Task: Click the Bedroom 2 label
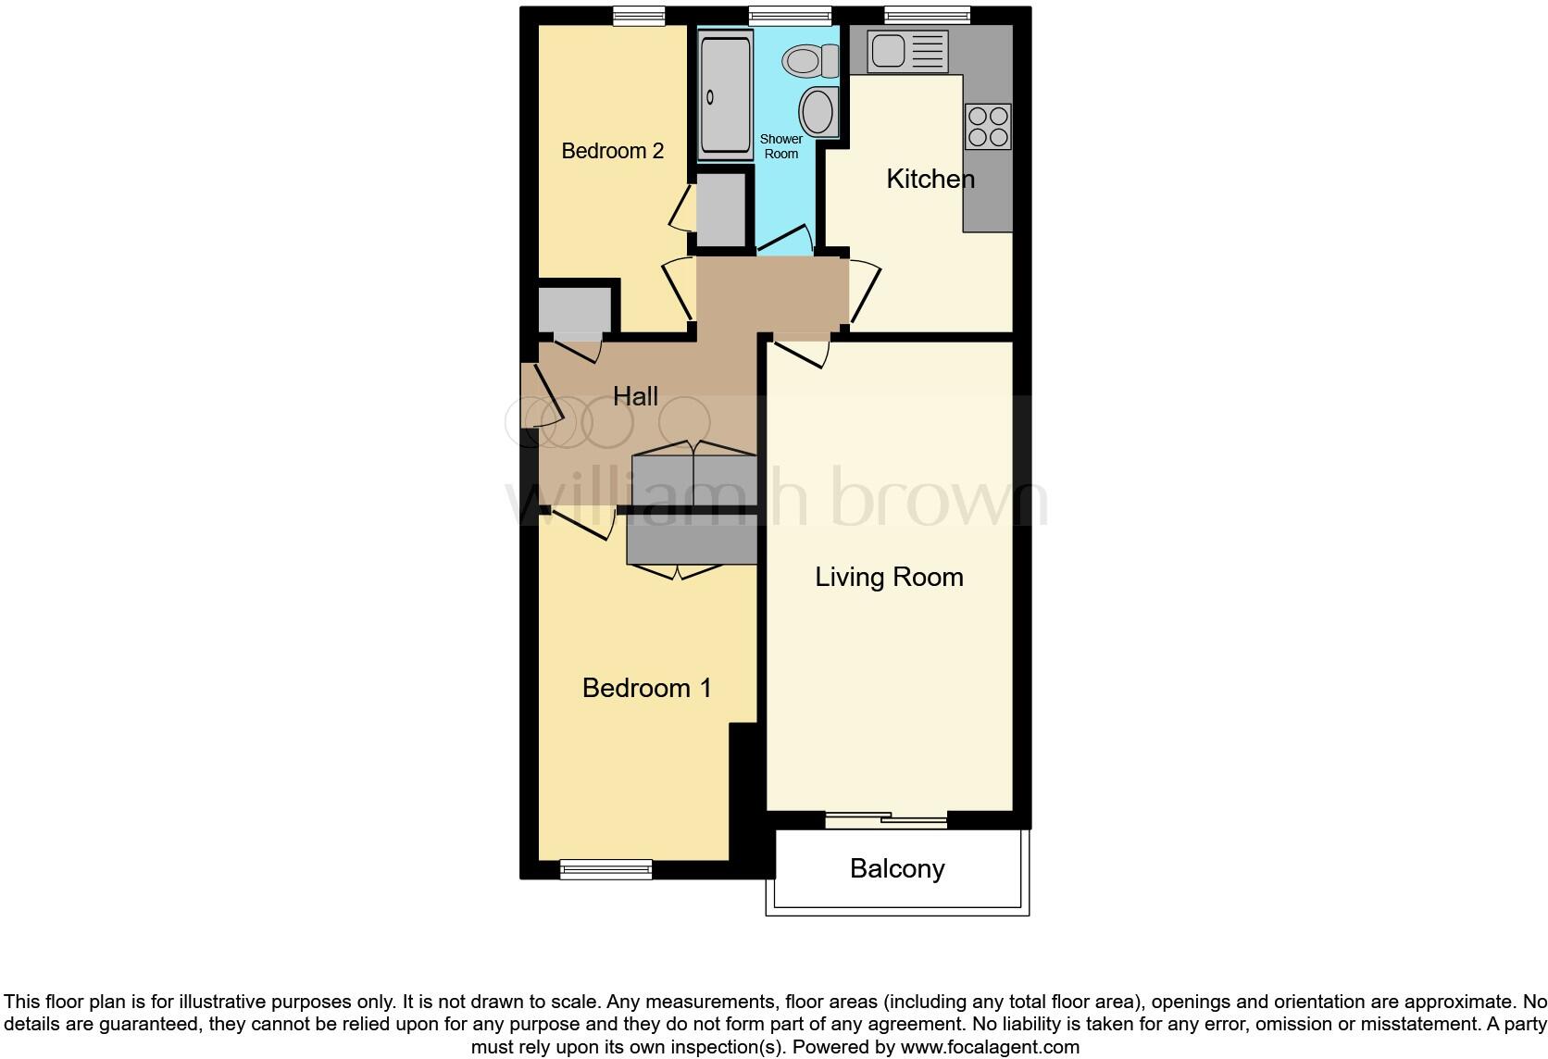tap(612, 151)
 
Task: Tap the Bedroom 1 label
tap(646, 688)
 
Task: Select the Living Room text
tap(889, 577)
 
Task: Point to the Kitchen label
tap(930, 179)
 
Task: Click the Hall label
tap(635, 396)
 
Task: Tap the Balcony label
tap(897, 868)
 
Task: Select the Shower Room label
tap(781, 146)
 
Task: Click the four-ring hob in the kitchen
tap(987, 127)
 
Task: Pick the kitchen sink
tap(907, 50)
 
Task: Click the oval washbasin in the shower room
tap(817, 112)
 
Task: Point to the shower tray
tap(726, 95)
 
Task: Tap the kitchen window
tap(927, 15)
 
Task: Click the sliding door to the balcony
tap(886, 818)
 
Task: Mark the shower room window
tap(790, 15)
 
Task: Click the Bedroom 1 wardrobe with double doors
tap(691, 544)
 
